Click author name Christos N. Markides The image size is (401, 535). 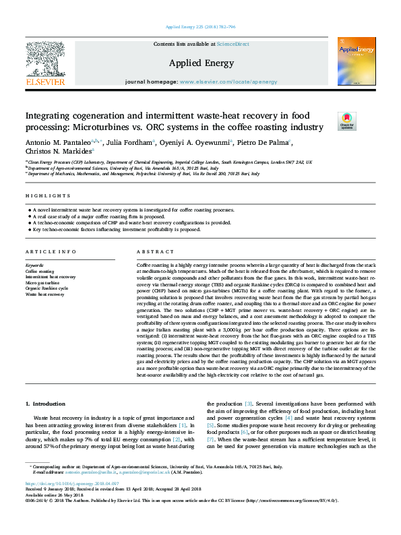click(57, 153)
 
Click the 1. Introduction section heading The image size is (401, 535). click(46, 404)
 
